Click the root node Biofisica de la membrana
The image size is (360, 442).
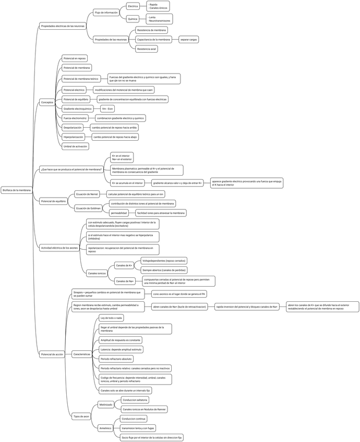[x=17, y=190]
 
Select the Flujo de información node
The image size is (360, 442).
[x=106, y=12]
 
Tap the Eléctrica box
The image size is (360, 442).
[x=133, y=6]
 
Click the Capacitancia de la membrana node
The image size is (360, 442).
[x=153, y=40]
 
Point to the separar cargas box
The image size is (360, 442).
[x=188, y=40]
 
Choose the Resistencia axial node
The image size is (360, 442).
[x=146, y=49]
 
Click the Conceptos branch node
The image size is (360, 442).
[x=47, y=103]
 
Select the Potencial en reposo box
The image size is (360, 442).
[x=75, y=58]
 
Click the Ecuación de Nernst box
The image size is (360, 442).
[x=87, y=194]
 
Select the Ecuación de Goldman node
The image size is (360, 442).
[x=88, y=208]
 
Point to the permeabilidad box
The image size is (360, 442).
[x=118, y=213]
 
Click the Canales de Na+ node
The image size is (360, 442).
[x=125, y=281]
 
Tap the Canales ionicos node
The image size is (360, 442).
[x=97, y=273]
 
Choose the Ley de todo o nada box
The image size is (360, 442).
[x=111, y=317]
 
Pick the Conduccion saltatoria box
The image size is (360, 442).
[x=135, y=400]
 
